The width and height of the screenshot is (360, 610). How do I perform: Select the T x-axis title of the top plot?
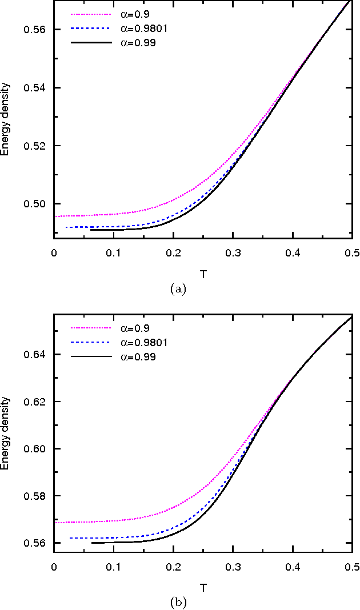203,274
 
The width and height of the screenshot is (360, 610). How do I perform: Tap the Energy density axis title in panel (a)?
5,124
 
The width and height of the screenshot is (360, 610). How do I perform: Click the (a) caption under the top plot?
178,289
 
